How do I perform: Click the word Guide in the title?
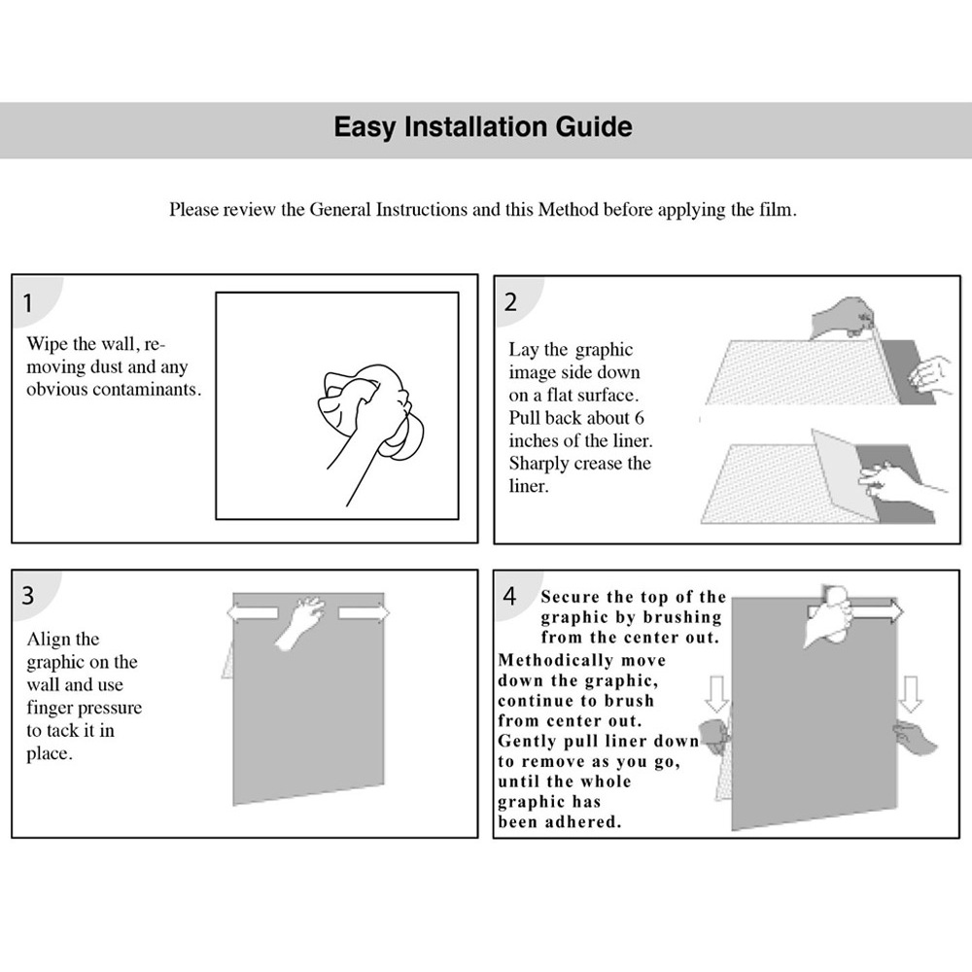[x=594, y=126]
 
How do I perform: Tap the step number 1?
[x=27, y=303]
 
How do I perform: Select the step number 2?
[x=510, y=302]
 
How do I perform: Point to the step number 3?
[x=28, y=596]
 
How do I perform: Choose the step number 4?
[x=509, y=596]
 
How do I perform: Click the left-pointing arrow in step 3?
[x=253, y=613]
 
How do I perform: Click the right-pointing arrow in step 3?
[x=364, y=613]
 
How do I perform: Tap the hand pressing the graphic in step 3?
[x=300, y=622]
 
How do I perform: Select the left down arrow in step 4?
[x=716, y=694]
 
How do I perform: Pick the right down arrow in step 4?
[x=911, y=694]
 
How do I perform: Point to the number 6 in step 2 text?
[x=639, y=418]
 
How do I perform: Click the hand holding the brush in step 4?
[x=828, y=615]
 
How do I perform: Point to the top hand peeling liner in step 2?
[x=842, y=318]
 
